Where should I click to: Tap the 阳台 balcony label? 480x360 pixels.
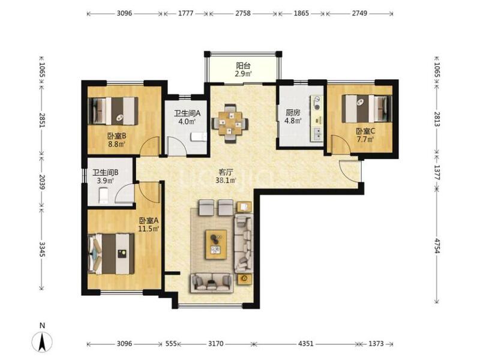point(244,65)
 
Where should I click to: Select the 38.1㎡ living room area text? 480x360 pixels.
point(226,181)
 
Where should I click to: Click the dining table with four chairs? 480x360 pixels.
point(230,124)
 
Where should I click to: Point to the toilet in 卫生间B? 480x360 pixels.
point(103,196)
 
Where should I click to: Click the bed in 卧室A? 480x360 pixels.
point(112,254)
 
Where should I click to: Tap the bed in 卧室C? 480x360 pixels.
point(367,109)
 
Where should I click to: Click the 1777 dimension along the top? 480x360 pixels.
point(185,13)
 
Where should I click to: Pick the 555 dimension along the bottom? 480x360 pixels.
point(171,343)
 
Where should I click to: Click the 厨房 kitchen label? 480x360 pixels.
point(293,112)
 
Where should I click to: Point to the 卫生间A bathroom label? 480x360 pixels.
point(187,113)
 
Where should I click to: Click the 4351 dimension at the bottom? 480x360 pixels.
point(306,343)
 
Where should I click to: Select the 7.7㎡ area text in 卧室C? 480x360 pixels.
point(365,140)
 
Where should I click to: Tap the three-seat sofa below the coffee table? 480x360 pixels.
point(211,283)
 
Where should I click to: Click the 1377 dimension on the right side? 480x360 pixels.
point(437,173)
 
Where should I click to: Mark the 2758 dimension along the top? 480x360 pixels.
point(243,13)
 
